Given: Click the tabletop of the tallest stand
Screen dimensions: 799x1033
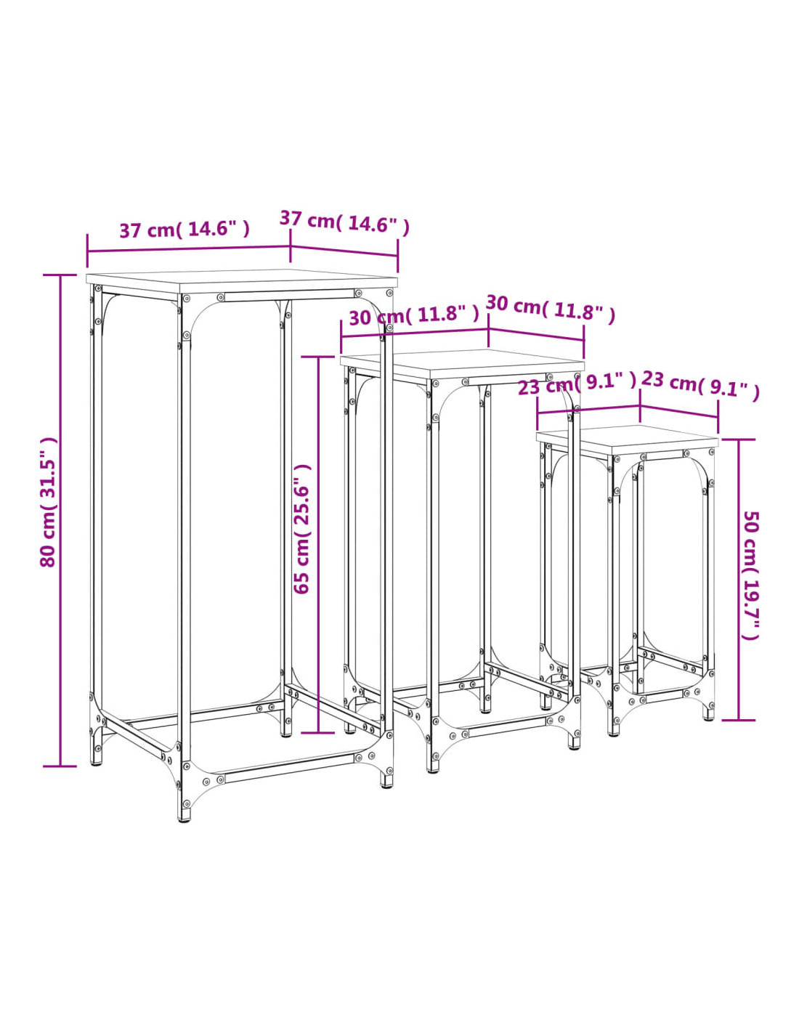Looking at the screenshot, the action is coord(241,281).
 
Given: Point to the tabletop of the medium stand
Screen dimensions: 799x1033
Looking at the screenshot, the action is coord(462,365).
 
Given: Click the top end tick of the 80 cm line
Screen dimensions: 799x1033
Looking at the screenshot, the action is coord(60,275).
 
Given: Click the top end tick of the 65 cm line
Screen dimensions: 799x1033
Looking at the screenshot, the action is coord(318,357).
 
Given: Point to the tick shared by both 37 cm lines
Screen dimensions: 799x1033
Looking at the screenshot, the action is coord(291,246).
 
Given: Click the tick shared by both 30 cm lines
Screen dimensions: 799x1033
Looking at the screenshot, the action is coord(489,329).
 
